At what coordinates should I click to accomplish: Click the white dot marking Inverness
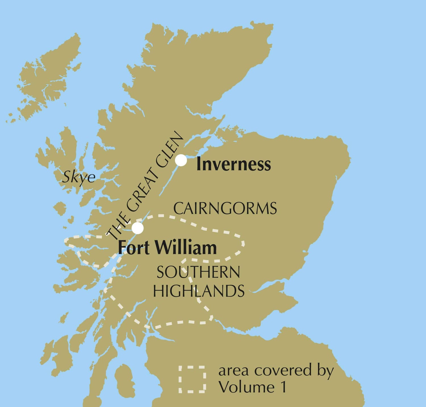pyautogui.click(x=181, y=160)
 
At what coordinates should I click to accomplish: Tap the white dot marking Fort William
pyautogui.click(x=138, y=228)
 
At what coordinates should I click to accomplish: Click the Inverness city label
pyautogui.click(x=233, y=164)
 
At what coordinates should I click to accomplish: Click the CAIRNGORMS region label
pyautogui.click(x=225, y=209)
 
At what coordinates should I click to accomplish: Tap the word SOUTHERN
pyautogui.click(x=198, y=272)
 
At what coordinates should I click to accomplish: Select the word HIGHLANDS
pyautogui.click(x=199, y=291)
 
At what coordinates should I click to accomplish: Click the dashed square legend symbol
pyautogui.click(x=192, y=379)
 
